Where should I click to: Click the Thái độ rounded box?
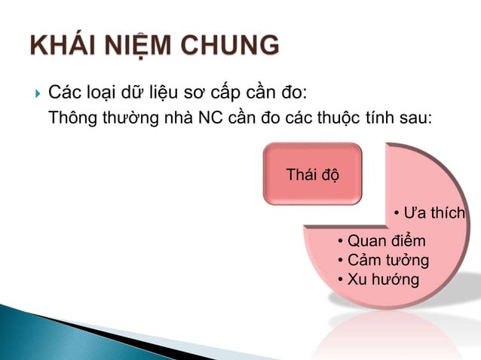tap(312, 175)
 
